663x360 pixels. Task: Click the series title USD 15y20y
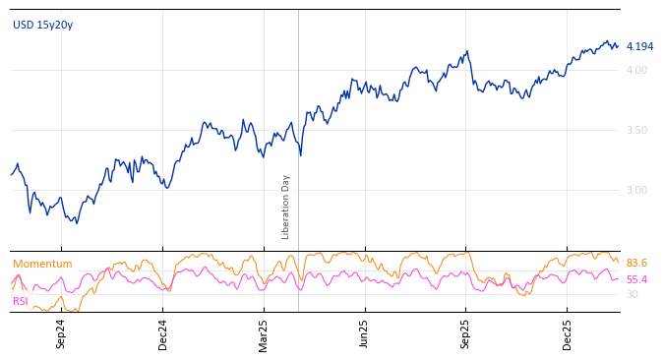42,26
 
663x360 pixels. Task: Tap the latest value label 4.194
639,47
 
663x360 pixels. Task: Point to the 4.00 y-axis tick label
636,70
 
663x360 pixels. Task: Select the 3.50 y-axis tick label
636,130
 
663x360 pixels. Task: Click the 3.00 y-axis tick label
636,190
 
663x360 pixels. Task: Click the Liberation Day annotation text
286,207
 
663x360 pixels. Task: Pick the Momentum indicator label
42,265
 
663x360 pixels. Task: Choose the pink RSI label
21,301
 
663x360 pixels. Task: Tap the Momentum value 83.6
636,264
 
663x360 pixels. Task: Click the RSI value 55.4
636,280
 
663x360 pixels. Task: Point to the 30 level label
632,294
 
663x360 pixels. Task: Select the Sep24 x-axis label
61,333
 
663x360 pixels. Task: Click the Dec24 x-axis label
163,333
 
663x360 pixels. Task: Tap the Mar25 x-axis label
264,333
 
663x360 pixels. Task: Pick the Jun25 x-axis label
364,333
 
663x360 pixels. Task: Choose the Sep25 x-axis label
465,333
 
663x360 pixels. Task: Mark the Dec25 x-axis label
567,333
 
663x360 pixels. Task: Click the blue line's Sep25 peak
468,51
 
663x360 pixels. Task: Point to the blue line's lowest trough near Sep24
77,223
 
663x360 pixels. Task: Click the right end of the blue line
618,45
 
